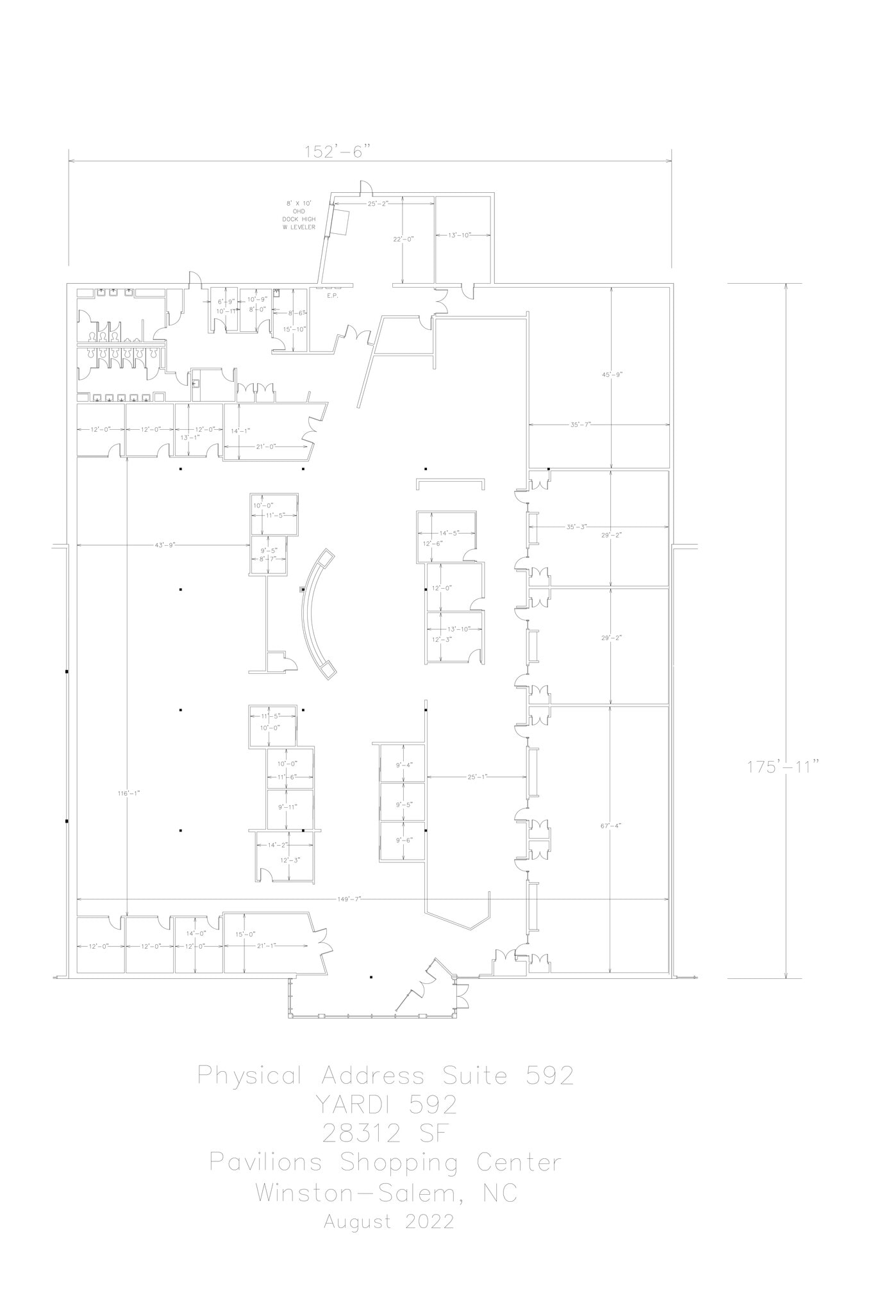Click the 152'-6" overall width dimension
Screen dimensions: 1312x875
338,152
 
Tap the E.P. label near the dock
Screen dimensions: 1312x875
332,296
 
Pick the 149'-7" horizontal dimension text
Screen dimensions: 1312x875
349,899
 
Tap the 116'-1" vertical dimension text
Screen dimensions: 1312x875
128,792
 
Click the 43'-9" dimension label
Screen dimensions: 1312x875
165,545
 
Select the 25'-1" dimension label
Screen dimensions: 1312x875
477,776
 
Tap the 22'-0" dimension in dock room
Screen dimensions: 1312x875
403,239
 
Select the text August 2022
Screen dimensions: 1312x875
389,1221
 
